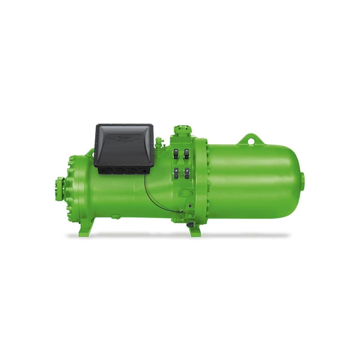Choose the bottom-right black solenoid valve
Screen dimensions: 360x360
tap(187, 173)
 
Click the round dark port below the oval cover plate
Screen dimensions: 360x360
tap(190, 206)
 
